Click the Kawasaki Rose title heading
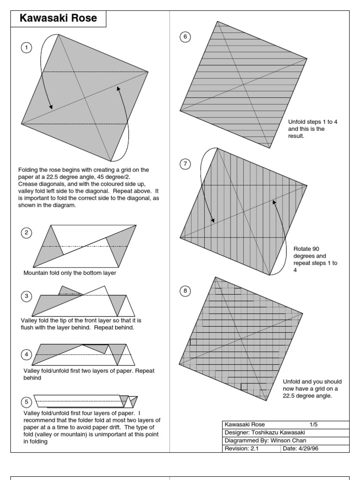point(59,19)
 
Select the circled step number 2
point(26,233)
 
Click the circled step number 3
point(26,295)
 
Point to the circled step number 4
point(26,354)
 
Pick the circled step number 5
point(26,402)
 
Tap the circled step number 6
point(186,37)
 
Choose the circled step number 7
point(186,164)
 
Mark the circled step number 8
point(186,291)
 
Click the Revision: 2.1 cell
point(245,449)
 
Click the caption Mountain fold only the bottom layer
point(70,273)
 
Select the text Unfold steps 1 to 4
point(313,122)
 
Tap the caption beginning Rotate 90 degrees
point(315,260)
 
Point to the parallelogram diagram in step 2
point(85,246)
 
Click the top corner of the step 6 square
point(217,21)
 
